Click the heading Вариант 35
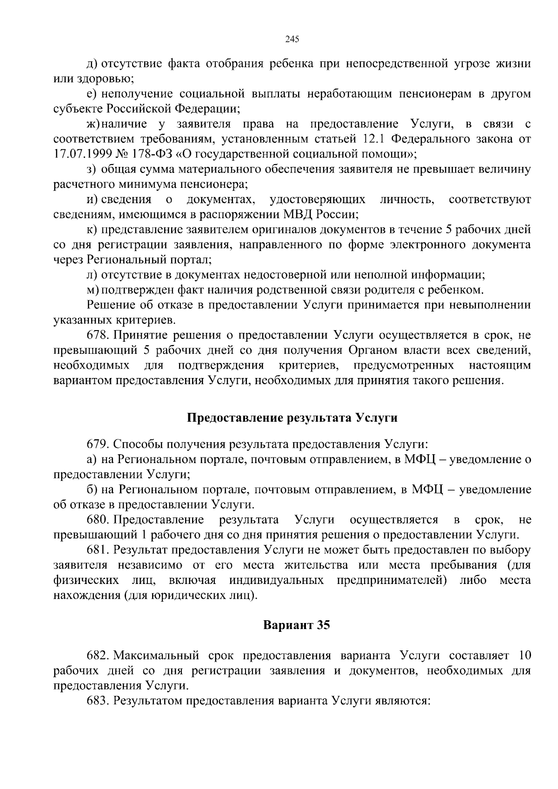[297, 625]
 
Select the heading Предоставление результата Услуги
[292, 418]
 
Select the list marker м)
[92, 290]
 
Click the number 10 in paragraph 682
[524, 656]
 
